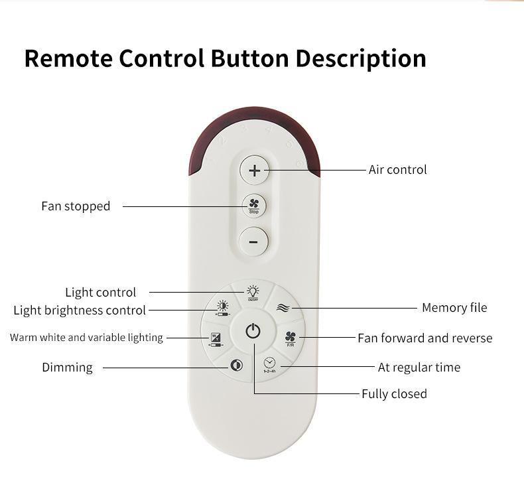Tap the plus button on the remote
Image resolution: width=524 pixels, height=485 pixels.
pyautogui.click(x=253, y=171)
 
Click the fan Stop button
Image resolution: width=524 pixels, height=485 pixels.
pyautogui.click(x=253, y=206)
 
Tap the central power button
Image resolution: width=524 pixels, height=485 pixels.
pyautogui.click(x=253, y=331)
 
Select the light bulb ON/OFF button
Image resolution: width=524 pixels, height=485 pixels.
pyautogui.click(x=253, y=292)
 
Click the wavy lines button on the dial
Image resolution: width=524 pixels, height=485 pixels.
pyautogui.click(x=283, y=308)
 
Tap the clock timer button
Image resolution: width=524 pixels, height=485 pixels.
pyautogui.click(x=269, y=364)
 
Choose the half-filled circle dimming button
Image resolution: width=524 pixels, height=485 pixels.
pyautogui.click(x=237, y=366)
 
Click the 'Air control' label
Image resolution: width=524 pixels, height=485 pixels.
pyautogui.click(x=397, y=170)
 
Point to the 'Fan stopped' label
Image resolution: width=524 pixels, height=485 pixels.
pyautogui.click(x=76, y=206)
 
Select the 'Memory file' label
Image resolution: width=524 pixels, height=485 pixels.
pyautogui.click(x=454, y=308)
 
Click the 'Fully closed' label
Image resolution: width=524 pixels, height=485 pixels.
pyautogui.click(x=394, y=394)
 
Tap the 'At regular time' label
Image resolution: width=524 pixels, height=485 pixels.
pyautogui.click(x=419, y=368)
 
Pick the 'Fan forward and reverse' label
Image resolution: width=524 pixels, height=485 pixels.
pyautogui.click(x=425, y=338)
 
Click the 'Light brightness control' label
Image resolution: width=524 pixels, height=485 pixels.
pyautogui.click(x=80, y=311)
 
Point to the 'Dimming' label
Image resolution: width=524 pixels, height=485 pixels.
pyautogui.click(x=67, y=368)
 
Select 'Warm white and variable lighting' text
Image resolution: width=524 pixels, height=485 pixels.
pyautogui.click(x=86, y=338)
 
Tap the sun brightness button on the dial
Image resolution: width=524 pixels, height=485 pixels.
pyautogui.click(x=222, y=307)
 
